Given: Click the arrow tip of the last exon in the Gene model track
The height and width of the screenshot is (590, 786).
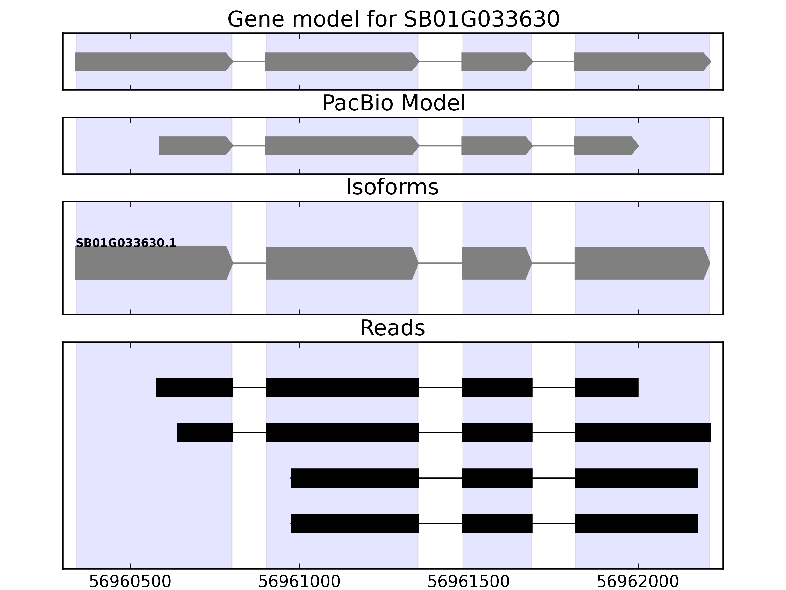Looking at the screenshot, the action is tap(711, 61).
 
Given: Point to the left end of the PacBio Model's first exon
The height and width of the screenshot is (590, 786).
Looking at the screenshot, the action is tap(159, 146).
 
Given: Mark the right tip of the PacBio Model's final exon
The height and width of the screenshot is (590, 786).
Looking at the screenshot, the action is tap(639, 146).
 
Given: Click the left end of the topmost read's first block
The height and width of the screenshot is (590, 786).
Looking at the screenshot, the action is tap(156, 387).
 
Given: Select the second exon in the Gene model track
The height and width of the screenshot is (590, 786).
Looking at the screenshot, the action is tap(342, 61).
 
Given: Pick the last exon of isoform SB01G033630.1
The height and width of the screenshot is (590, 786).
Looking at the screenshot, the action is tap(642, 263).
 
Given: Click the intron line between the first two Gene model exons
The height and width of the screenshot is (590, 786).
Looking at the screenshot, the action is tap(249, 61).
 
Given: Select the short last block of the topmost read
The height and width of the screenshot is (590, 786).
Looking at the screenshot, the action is tap(606, 387).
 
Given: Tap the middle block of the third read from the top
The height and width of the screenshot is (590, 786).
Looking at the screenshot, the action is tap(497, 478).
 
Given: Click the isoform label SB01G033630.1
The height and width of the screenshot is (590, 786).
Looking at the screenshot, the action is tap(126, 243).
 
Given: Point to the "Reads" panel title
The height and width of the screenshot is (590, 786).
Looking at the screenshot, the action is tap(393, 328).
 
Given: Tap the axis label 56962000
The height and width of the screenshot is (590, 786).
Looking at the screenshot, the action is tap(638, 582).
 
